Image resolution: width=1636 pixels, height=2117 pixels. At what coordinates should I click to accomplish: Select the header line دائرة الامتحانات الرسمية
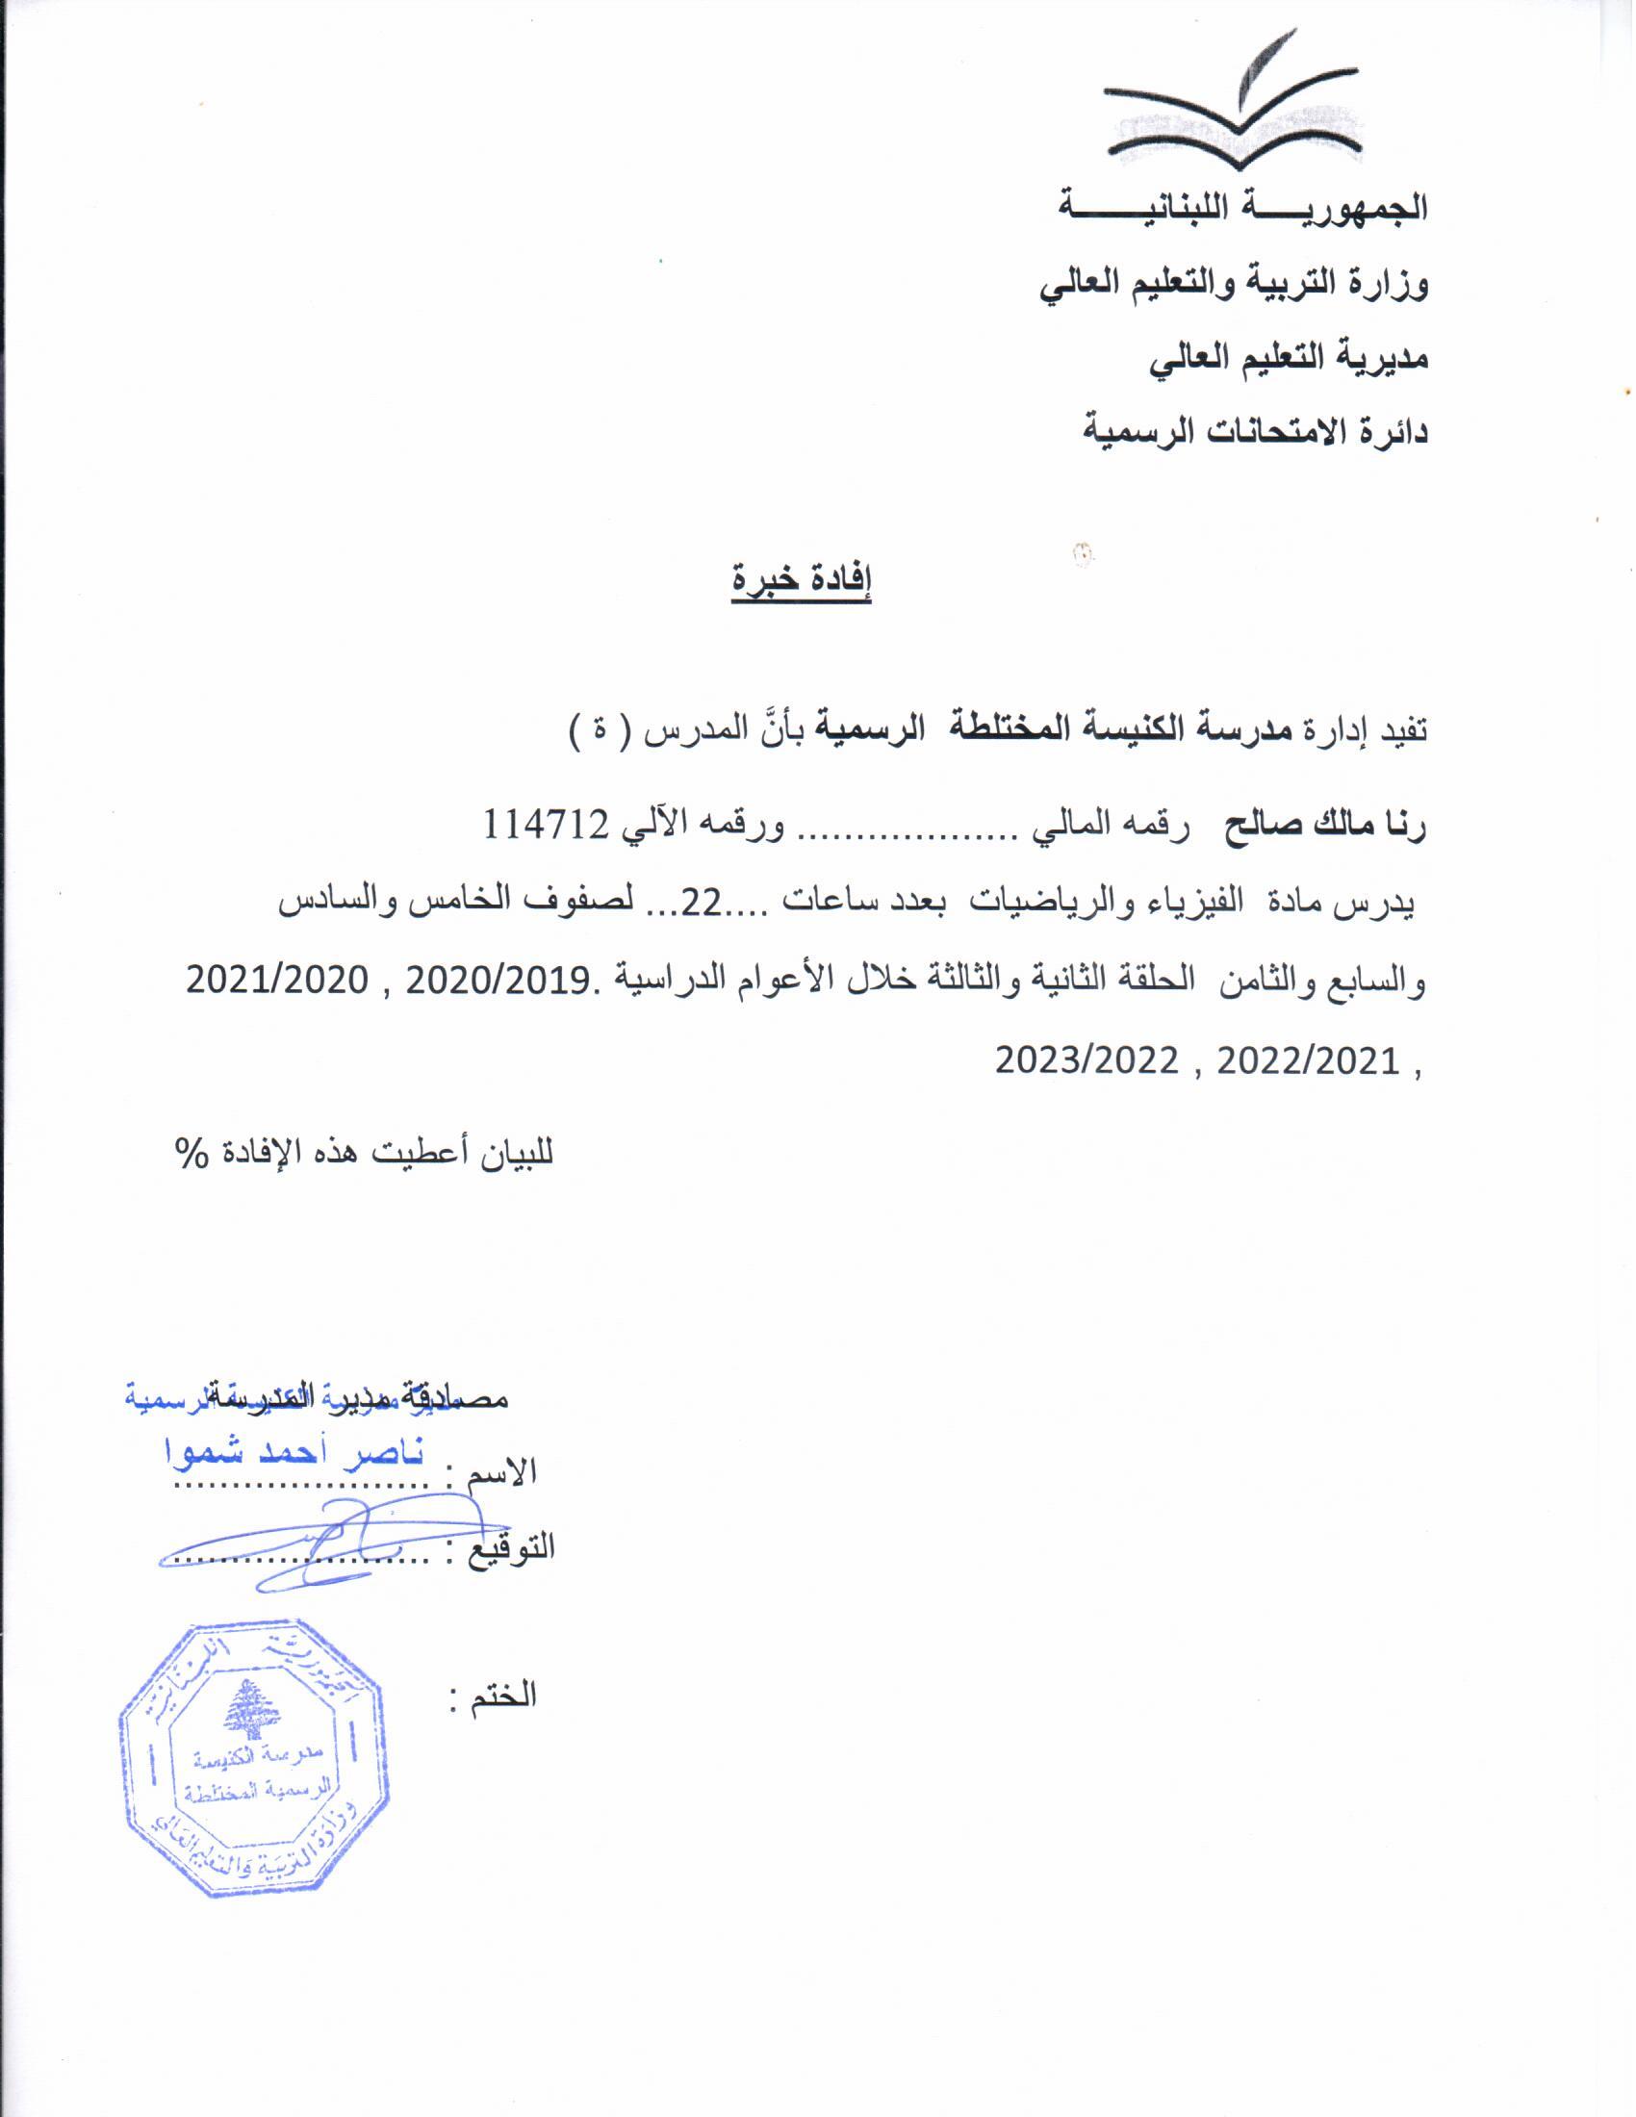coord(1255,431)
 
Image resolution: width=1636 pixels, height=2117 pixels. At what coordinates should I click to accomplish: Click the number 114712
coord(547,825)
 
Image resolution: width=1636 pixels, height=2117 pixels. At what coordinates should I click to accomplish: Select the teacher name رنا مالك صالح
coord(1324,827)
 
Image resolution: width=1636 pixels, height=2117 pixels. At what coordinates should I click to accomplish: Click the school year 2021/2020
coord(277,981)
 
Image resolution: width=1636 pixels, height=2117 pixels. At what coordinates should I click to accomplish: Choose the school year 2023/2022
coord(1086,1061)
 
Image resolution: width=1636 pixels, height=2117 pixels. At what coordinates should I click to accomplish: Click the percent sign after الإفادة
coord(192,1153)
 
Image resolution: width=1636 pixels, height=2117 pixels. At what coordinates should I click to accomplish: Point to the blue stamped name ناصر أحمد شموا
coord(295,1454)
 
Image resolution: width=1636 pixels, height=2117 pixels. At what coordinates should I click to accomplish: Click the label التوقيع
coord(513,1546)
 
